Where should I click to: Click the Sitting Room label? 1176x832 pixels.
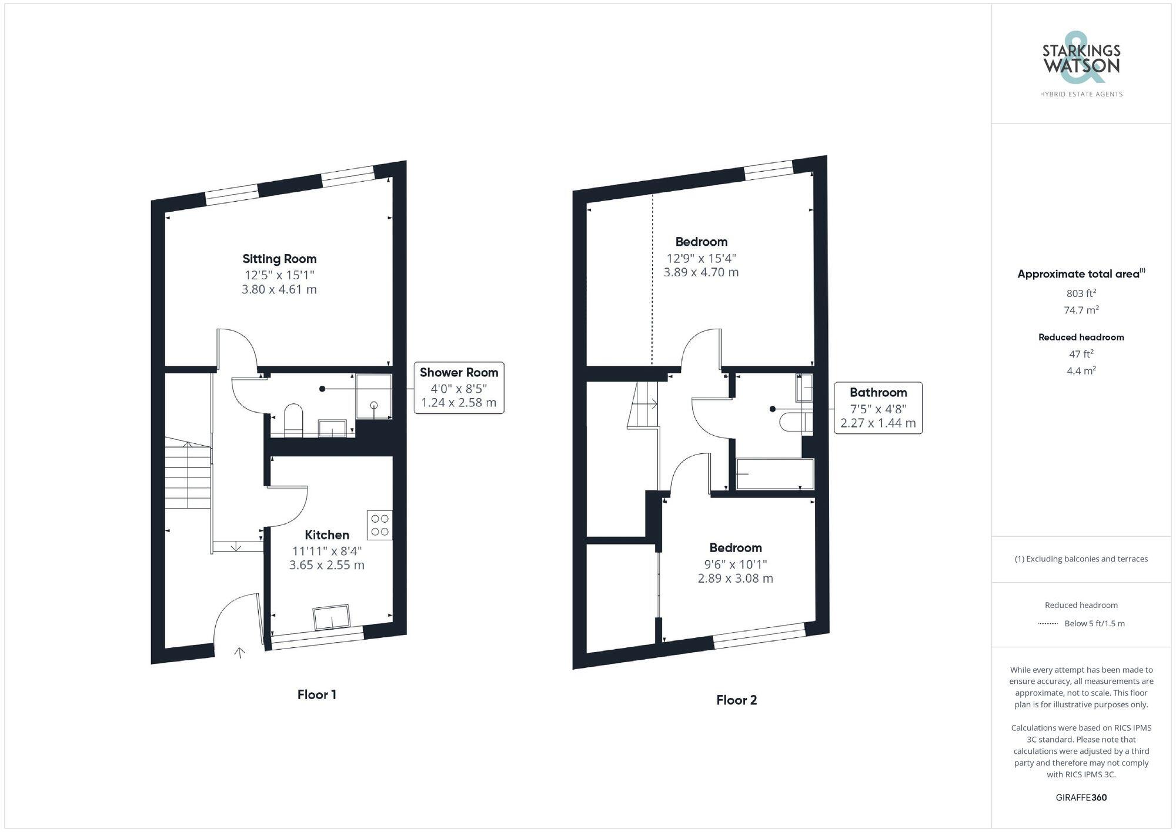click(x=279, y=259)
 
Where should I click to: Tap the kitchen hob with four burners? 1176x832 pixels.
click(x=380, y=525)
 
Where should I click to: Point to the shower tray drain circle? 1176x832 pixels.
click(x=374, y=405)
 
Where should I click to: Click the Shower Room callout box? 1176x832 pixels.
click(x=459, y=388)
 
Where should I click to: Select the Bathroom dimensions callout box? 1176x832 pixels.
click(x=878, y=408)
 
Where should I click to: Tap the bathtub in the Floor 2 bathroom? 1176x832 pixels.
click(x=775, y=474)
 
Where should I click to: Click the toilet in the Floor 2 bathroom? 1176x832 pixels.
click(x=794, y=422)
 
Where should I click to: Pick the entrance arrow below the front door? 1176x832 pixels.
click(x=239, y=652)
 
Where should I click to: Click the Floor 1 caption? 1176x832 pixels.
click(x=316, y=694)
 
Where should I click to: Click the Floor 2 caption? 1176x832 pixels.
click(x=736, y=700)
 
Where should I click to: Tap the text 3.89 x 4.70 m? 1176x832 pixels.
click(x=701, y=272)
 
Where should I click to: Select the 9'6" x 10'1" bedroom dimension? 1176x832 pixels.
click(x=735, y=564)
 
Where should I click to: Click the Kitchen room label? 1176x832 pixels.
click(x=327, y=535)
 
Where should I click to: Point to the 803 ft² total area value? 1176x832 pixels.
click(x=1081, y=293)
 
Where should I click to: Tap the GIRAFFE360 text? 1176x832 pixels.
click(x=1081, y=797)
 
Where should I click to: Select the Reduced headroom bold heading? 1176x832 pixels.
click(x=1081, y=337)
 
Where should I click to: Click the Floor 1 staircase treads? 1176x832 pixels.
click(x=188, y=476)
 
